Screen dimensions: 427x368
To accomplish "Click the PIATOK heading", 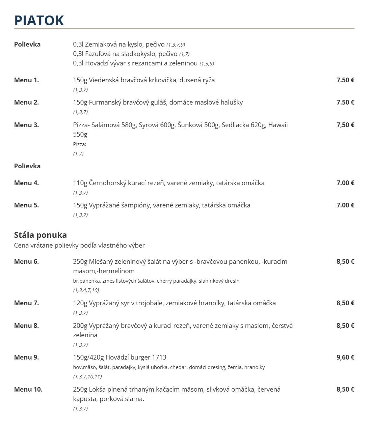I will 39,20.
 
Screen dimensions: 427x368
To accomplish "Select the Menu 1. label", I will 26,80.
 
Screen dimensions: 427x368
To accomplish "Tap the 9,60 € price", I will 345,357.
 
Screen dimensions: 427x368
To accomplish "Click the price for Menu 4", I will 345,183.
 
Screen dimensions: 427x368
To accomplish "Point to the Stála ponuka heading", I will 41,235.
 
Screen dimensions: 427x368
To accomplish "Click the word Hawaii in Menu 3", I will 278,125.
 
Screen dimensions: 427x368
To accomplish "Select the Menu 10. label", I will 28,389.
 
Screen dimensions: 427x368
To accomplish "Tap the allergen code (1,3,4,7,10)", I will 86,290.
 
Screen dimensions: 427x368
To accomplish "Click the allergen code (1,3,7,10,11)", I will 87,376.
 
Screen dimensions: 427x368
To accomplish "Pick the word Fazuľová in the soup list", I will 98,54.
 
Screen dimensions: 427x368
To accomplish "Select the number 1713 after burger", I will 159,357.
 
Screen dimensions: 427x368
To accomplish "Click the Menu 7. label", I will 26,303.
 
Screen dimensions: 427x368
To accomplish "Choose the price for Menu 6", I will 345,261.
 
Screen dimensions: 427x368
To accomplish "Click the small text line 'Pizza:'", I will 80,144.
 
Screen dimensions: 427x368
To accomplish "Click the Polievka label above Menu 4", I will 27,166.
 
